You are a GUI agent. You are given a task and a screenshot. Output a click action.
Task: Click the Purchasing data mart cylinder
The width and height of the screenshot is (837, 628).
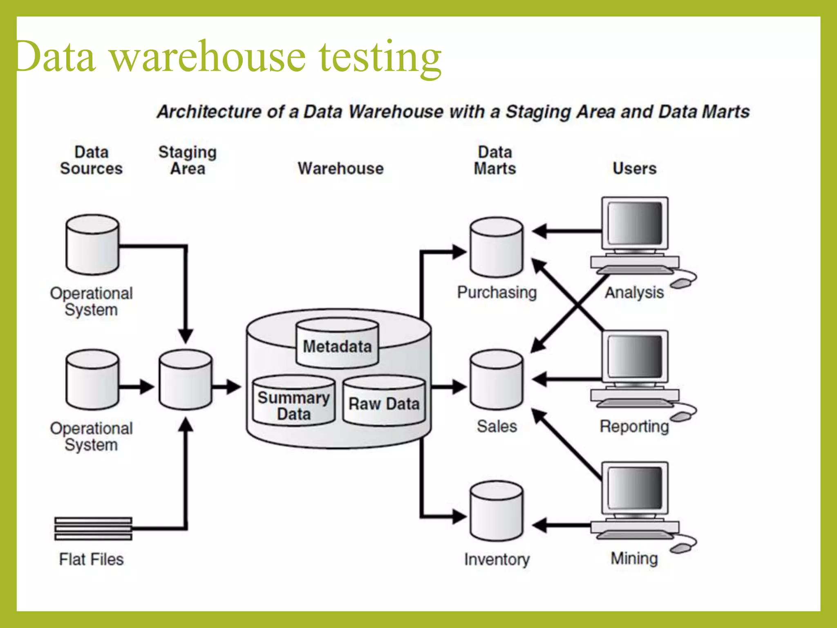coord(496,248)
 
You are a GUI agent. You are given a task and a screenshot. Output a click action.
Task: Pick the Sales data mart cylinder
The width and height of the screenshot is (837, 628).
coord(496,380)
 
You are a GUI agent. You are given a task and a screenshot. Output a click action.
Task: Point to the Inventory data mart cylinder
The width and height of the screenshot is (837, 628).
coord(496,512)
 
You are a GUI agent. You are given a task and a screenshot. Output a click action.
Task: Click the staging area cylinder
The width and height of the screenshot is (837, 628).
coord(186,380)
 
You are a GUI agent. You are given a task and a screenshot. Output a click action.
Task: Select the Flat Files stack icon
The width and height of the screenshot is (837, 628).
coord(93,528)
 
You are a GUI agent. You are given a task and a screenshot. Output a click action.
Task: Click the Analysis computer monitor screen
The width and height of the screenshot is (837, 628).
coord(634,223)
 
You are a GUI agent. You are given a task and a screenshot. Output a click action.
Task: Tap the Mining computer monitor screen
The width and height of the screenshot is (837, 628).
coord(634,488)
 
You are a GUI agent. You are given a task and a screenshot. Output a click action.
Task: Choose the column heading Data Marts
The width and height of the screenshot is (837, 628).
coord(495,160)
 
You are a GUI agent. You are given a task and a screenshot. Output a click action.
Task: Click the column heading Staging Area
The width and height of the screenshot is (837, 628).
coord(187,160)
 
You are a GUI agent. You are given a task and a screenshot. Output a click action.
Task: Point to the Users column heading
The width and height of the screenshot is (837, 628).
coord(634,168)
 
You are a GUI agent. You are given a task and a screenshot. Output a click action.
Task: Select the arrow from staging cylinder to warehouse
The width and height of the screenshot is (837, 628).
coord(227,386)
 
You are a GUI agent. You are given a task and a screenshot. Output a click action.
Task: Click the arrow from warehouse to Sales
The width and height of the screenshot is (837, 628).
coord(449,386)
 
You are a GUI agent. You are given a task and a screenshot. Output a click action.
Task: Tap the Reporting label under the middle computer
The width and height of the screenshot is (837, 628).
coord(634,426)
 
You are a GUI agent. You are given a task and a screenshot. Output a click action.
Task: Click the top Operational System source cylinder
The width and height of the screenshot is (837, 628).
coord(93,244)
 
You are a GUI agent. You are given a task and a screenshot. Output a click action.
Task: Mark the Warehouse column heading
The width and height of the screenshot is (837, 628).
coord(340,168)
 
